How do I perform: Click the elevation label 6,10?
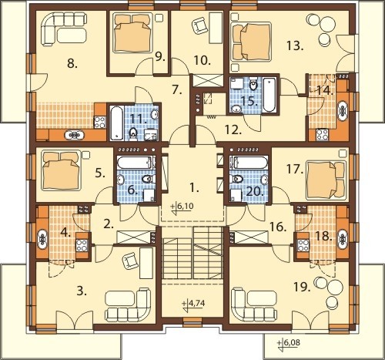click(x=185, y=207)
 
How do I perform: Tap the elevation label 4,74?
click(x=197, y=304)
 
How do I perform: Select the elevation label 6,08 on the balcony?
click(x=292, y=342)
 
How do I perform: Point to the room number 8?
click(x=72, y=63)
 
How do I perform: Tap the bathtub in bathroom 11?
click(x=117, y=123)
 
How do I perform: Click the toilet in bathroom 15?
click(x=253, y=86)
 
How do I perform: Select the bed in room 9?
click(x=132, y=32)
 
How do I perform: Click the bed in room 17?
click(x=326, y=180)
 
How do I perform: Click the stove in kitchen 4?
click(x=82, y=245)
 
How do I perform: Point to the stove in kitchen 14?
click(x=322, y=134)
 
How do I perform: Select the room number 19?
click(x=302, y=287)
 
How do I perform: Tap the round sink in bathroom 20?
click(x=265, y=179)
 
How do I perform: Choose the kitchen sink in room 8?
click(x=75, y=135)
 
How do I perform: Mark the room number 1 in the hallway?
click(x=194, y=188)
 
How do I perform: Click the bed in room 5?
click(x=62, y=171)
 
